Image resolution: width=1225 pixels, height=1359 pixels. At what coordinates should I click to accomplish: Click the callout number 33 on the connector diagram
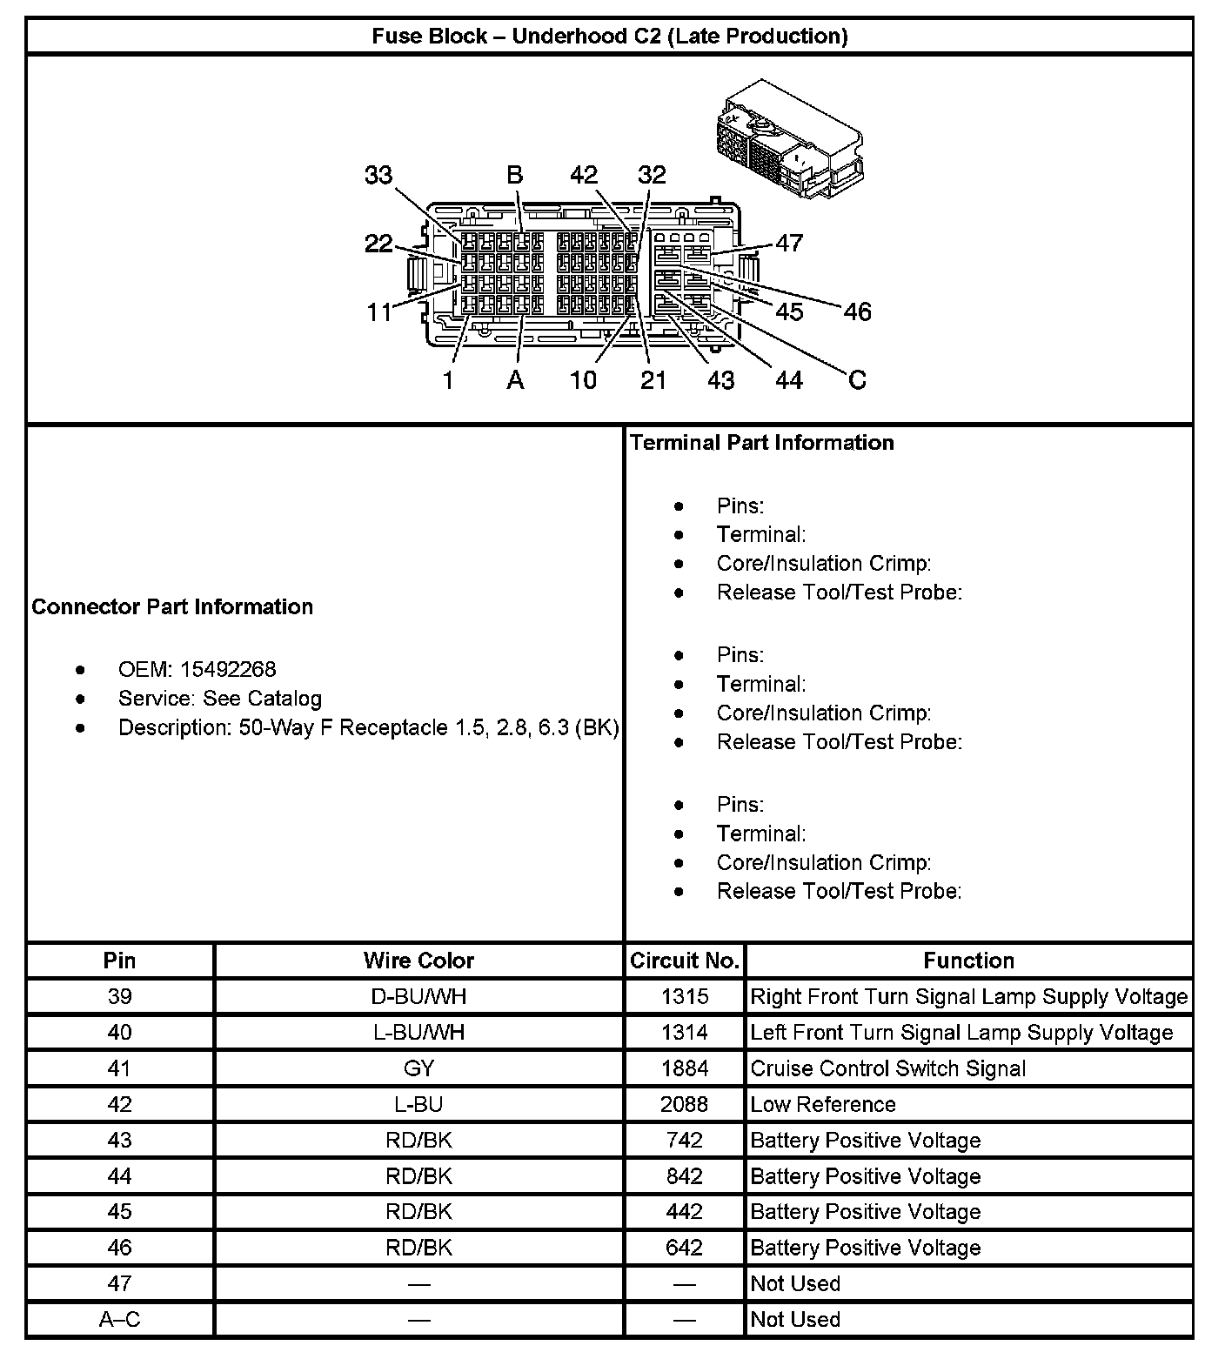(378, 175)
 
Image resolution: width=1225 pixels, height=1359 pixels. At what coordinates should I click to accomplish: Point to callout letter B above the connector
(515, 175)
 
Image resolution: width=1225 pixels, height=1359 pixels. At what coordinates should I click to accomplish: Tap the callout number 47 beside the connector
(789, 243)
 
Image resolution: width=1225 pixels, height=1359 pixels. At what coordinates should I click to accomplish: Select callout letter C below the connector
(857, 379)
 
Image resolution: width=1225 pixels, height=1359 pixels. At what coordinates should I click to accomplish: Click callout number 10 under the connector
(583, 379)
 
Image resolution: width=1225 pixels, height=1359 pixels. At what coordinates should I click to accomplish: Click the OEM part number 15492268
(228, 669)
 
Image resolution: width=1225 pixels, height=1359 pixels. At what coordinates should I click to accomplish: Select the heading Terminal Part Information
(761, 442)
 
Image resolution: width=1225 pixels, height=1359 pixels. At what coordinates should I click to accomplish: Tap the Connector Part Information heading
(172, 606)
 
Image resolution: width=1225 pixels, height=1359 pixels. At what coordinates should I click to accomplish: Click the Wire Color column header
(418, 961)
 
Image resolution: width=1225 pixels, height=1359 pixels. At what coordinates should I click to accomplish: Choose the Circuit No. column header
(685, 961)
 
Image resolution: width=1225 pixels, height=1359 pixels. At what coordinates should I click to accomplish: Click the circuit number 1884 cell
(685, 1068)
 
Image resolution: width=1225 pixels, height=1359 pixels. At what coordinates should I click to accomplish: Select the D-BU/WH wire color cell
(418, 996)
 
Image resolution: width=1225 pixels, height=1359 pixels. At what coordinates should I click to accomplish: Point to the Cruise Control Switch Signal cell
(887, 1068)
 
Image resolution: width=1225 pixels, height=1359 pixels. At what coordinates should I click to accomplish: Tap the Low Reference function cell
(822, 1104)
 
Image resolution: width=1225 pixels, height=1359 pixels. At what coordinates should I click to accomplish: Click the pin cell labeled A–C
(119, 1319)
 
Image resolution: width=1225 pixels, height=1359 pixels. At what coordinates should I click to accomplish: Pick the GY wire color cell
(418, 1068)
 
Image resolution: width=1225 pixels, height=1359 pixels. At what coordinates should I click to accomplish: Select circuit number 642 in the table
(685, 1248)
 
